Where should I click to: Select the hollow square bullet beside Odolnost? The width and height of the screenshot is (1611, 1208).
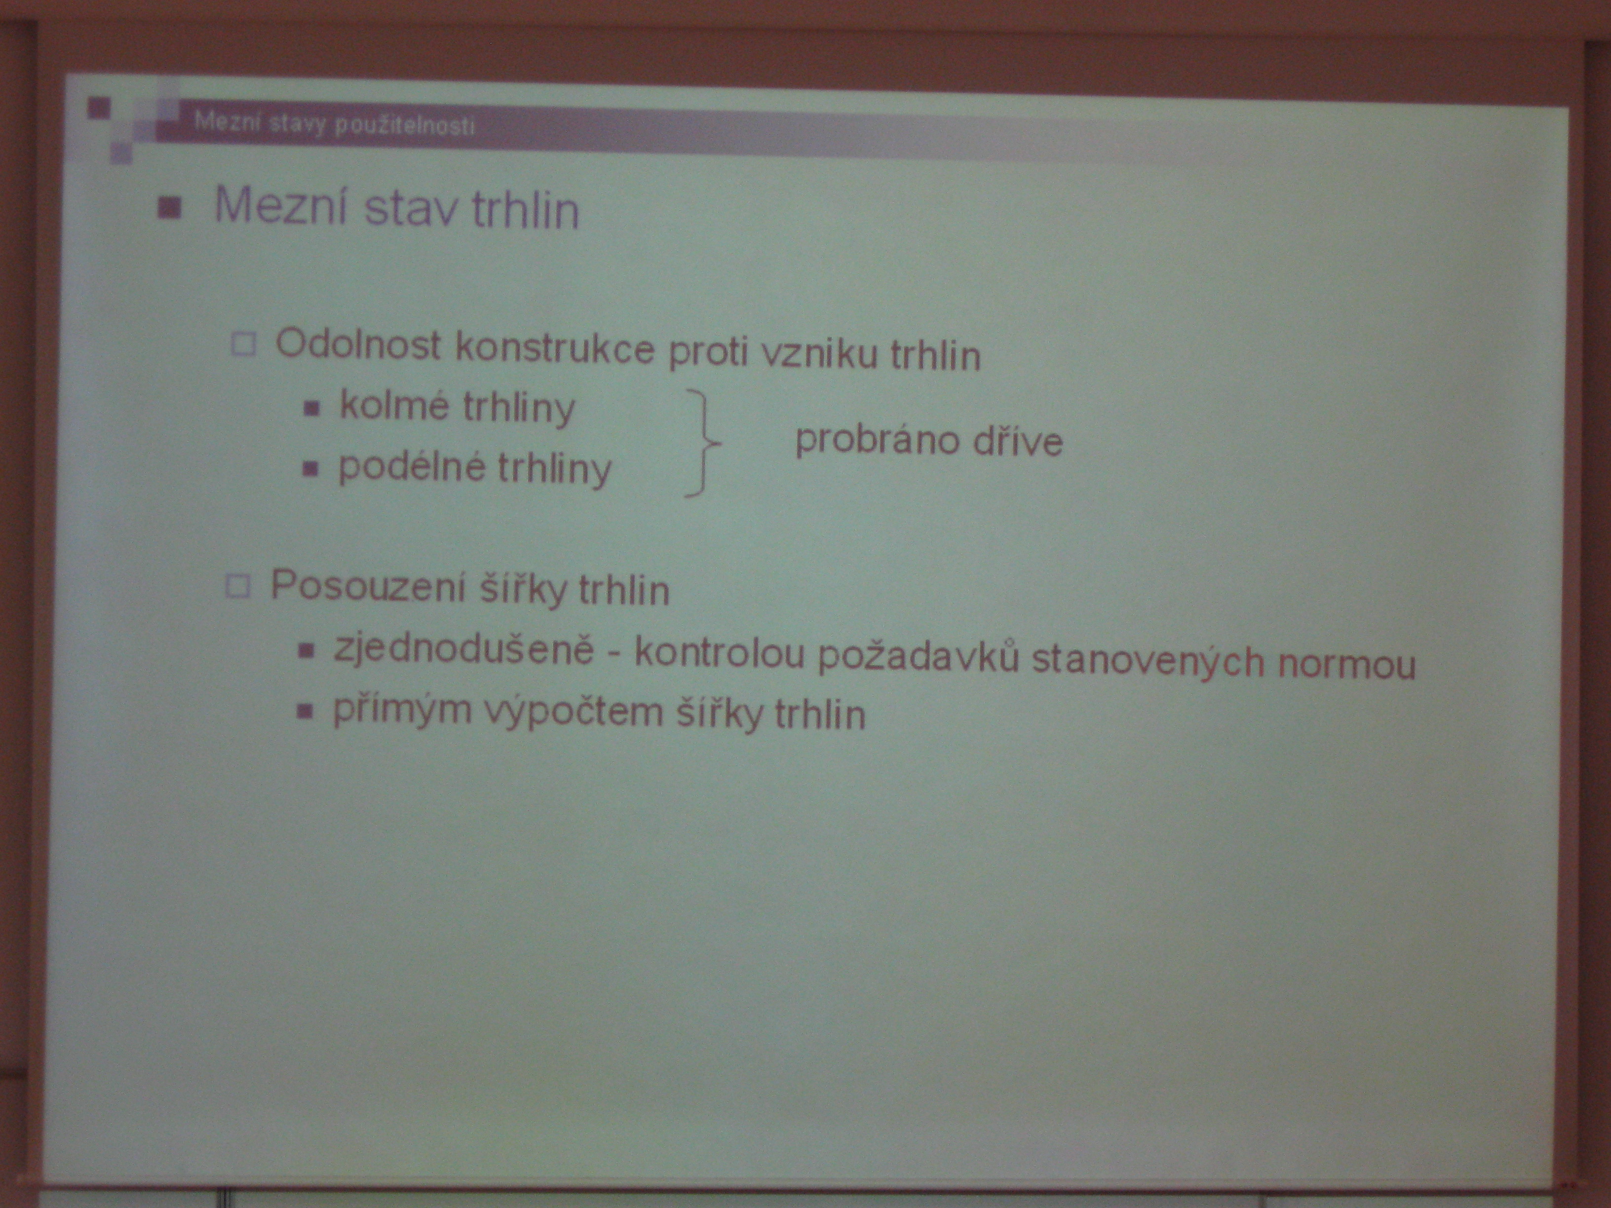244,343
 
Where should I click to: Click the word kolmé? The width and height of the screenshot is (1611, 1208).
394,404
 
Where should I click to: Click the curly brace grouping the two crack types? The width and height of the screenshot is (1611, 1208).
702,443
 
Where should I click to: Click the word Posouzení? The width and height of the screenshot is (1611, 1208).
368,585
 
